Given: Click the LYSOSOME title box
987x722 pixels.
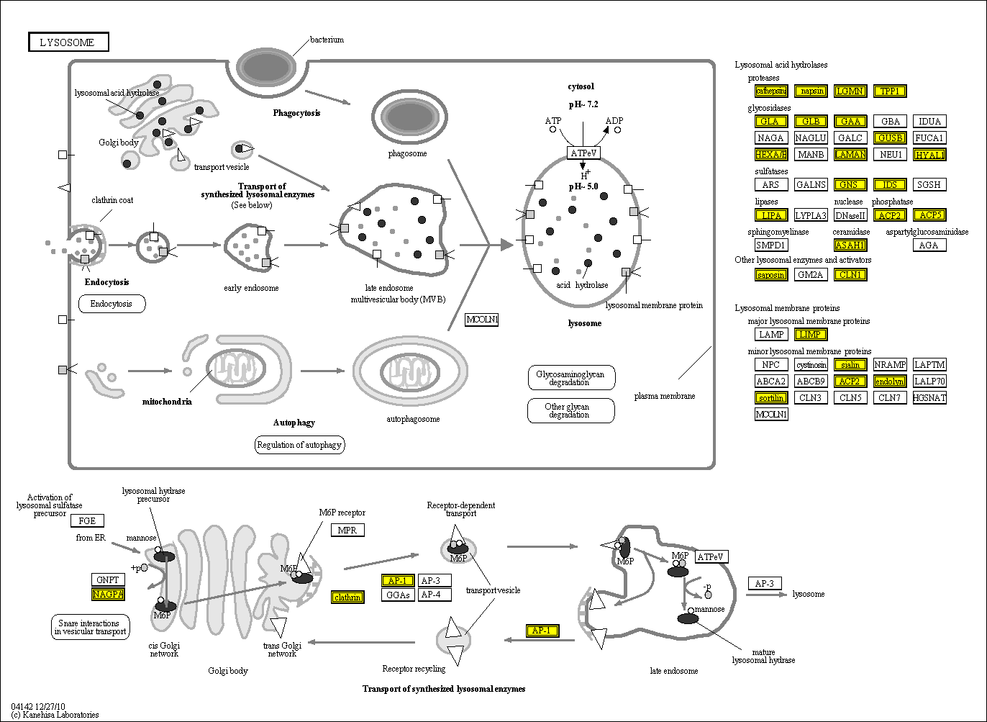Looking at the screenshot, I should (x=68, y=42).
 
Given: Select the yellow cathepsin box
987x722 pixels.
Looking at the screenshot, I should (x=770, y=91).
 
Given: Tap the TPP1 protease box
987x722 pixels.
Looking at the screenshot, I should (x=890, y=91).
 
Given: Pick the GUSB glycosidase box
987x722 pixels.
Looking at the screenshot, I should (x=890, y=138).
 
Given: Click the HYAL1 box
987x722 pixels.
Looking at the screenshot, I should (x=929, y=155).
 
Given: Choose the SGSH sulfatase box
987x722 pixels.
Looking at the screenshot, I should (x=929, y=185).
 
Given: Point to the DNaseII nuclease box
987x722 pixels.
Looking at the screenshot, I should (x=850, y=215).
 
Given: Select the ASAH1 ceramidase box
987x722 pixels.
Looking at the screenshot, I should (x=850, y=245).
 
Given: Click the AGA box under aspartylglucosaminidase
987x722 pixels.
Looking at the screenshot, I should (x=929, y=245).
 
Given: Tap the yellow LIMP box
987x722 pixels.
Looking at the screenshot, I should (x=811, y=335).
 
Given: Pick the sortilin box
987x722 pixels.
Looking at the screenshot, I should (x=771, y=398).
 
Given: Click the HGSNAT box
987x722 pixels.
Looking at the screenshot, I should (x=929, y=398).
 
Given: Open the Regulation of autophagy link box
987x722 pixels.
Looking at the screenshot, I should (x=300, y=445).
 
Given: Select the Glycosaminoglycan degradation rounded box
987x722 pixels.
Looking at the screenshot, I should (x=570, y=378).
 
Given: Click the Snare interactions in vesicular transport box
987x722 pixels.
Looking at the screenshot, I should (x=91, y=627).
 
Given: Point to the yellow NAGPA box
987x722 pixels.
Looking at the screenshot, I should (x=108, y=595).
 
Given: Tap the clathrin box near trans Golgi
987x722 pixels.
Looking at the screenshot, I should (x=347, y=597).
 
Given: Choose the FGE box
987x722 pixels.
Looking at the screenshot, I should (x=87, y=521).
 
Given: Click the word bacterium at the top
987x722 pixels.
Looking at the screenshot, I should (x=327, y=40).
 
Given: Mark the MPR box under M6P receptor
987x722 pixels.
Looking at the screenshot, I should (x=347, y=531).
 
